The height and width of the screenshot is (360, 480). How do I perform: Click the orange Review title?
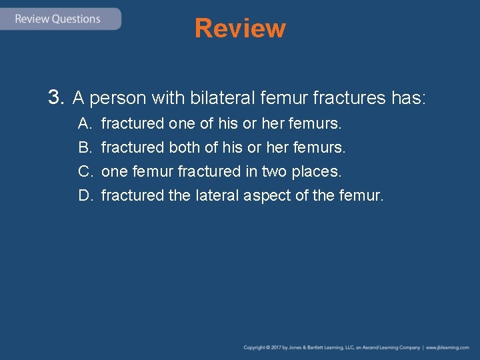tap(240, 29)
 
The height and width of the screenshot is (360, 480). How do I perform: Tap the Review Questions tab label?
tap(57, 19)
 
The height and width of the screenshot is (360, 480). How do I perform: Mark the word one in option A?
tap(181, 124)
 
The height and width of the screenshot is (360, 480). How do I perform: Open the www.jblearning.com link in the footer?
tap(448, 347)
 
